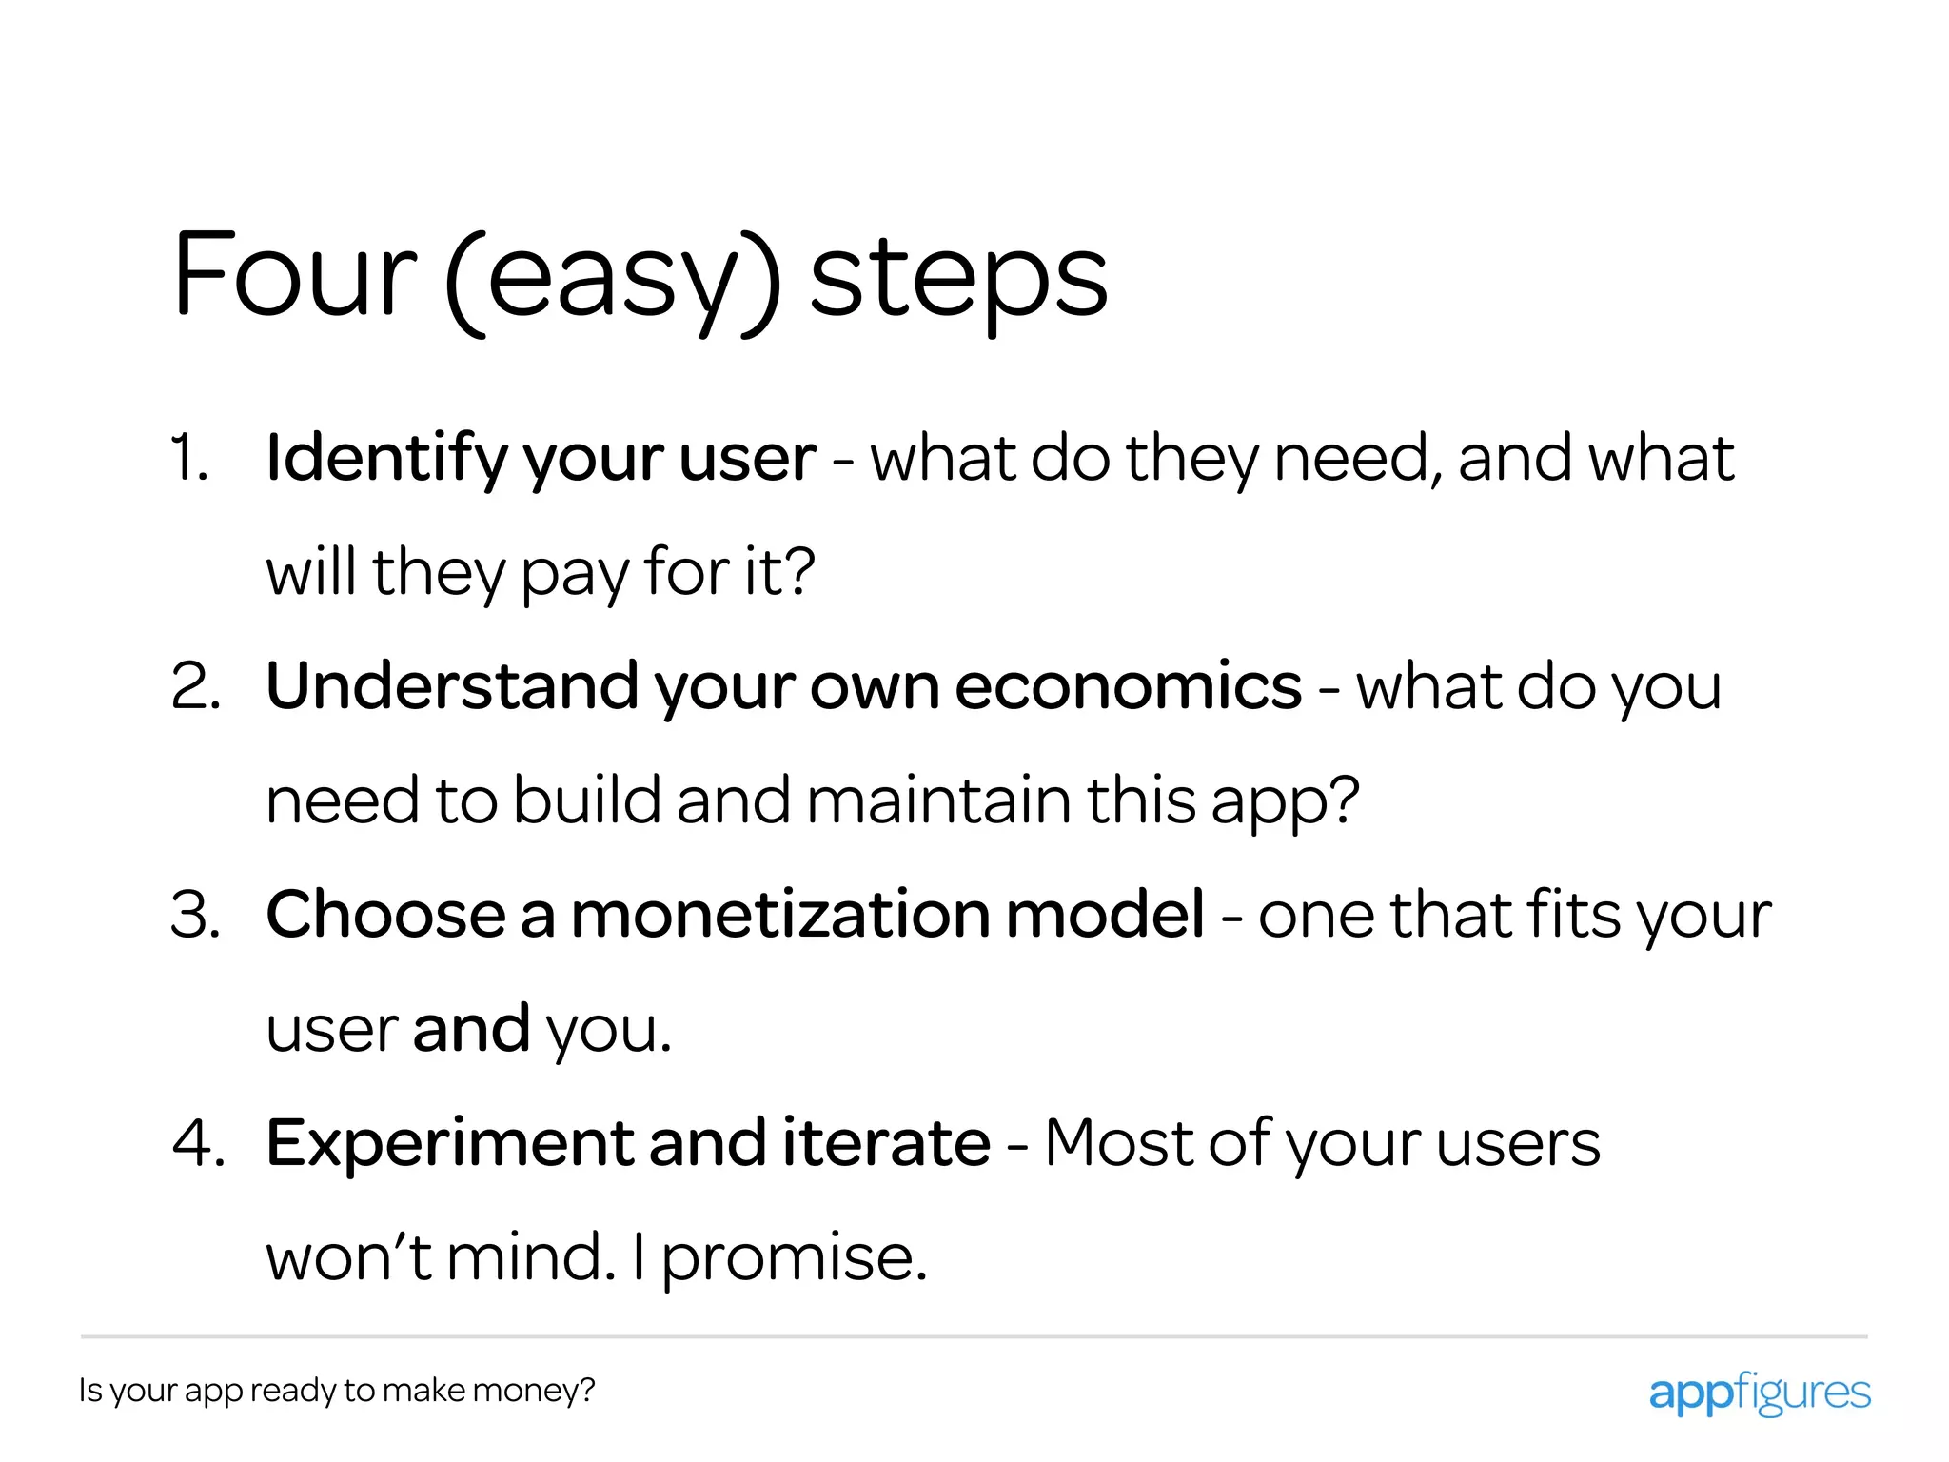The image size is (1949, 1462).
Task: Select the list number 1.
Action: pos(189,458)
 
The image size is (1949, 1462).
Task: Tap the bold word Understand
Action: pos(452,686)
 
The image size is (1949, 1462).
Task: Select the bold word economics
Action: pos(1128,686)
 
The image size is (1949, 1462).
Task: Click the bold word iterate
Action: pos(886,1143)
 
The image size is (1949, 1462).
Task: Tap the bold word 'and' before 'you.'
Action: pos(471,1029)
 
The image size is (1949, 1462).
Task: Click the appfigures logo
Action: pos(1759,1393)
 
